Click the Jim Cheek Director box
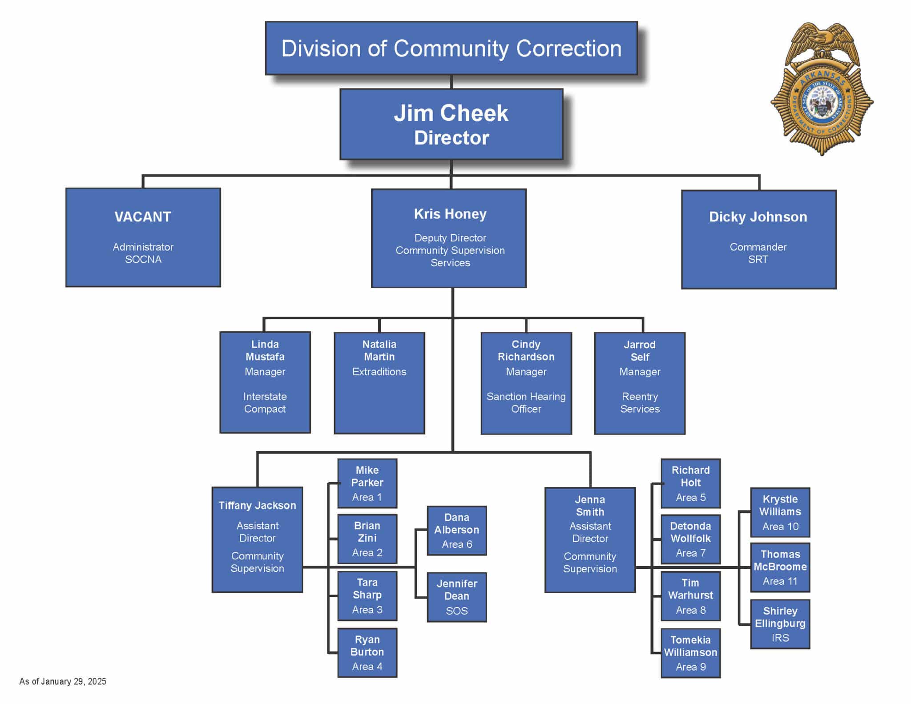[x=451, y=125]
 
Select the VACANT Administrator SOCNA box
[x=143, y=237]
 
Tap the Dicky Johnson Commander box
[x=758, y=239]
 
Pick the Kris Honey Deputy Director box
[x=449, y=238]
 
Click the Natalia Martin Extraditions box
[x=379, y=382]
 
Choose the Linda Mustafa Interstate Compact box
[x=265, y=382]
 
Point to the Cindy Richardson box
[x=526, y=383]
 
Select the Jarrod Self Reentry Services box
[x=640, y=383]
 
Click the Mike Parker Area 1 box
[x=367, y=483]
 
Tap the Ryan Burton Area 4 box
[x=367, y=652]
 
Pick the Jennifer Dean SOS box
[x=457, y=597]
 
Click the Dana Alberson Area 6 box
[x=457, y=531]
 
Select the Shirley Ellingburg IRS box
[x=780, y=624]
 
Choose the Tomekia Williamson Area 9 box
[x=690, y=653]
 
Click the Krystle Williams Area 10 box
[x=780, y=512]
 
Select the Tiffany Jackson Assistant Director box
[x=257, y=539]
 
